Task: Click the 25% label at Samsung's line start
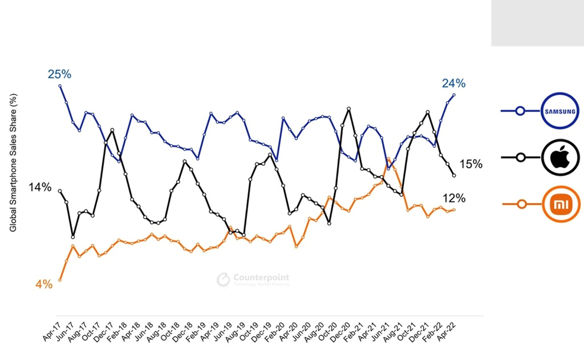pyautogui.click(x=59, y=74)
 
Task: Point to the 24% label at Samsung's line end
pyautogui.click(x=453, y=83)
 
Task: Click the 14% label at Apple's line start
pyautogui.click(x=40, y=187)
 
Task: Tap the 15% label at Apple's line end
pyautogui.click(x=471, y=164)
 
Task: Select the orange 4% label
pyautogui.click(x=44, y=285)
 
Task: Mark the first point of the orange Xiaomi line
pyautogui.click(x=60, y=280)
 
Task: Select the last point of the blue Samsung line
pyautogui.click(x=454, y=95)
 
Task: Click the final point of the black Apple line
pyautogui.click(x=454, y=175)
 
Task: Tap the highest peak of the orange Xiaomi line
pyautogui.click(x=389, y=159)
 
